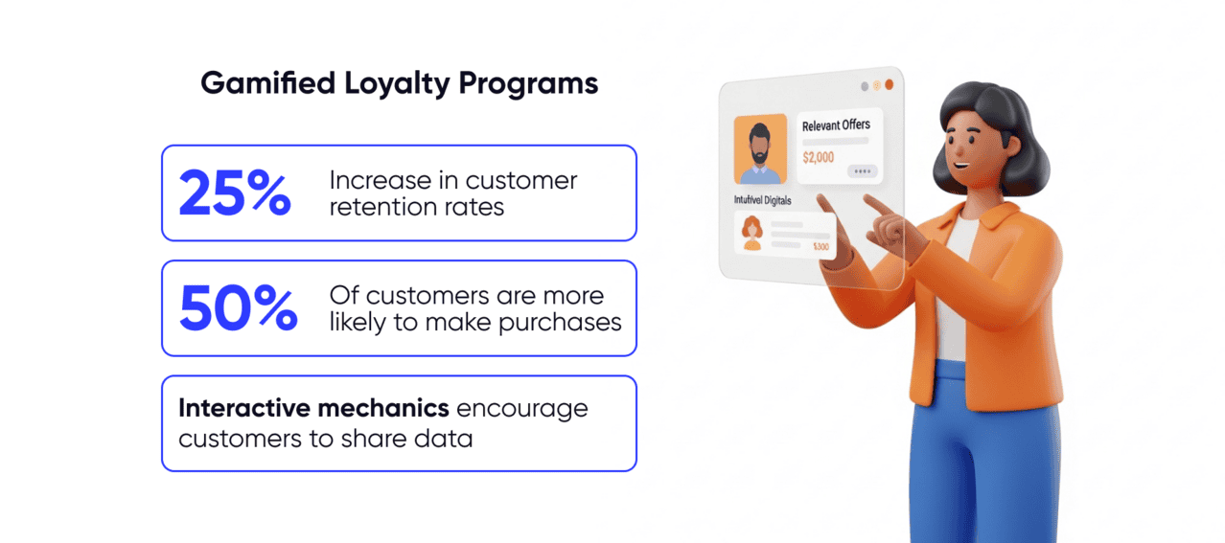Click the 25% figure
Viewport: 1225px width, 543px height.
[x=235, y=192]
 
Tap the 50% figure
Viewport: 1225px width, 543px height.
[x=239, y=308]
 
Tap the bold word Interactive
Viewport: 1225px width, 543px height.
[x=245, y=409]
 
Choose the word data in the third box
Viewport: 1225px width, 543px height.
[x=445, y=439]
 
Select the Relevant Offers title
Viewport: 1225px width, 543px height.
[x=836, y=125]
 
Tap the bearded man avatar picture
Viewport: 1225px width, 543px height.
[x=760, y=149]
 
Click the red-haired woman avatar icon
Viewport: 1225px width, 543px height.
[x=751, y=232]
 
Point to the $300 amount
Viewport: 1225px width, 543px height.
[x=821, y=247]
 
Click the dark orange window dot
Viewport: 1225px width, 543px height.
[x=889, y=85]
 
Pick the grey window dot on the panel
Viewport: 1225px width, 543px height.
[x=865, y=86]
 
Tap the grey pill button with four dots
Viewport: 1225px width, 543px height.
[x=862, y=171]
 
